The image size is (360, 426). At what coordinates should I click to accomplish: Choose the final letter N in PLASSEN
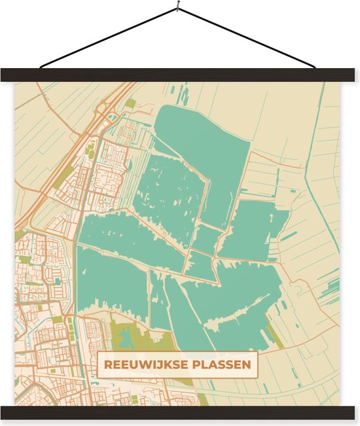247,364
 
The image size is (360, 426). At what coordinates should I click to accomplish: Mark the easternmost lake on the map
252,229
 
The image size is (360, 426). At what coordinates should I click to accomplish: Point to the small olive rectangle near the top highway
131,103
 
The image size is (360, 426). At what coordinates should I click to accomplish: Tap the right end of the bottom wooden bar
350,413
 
